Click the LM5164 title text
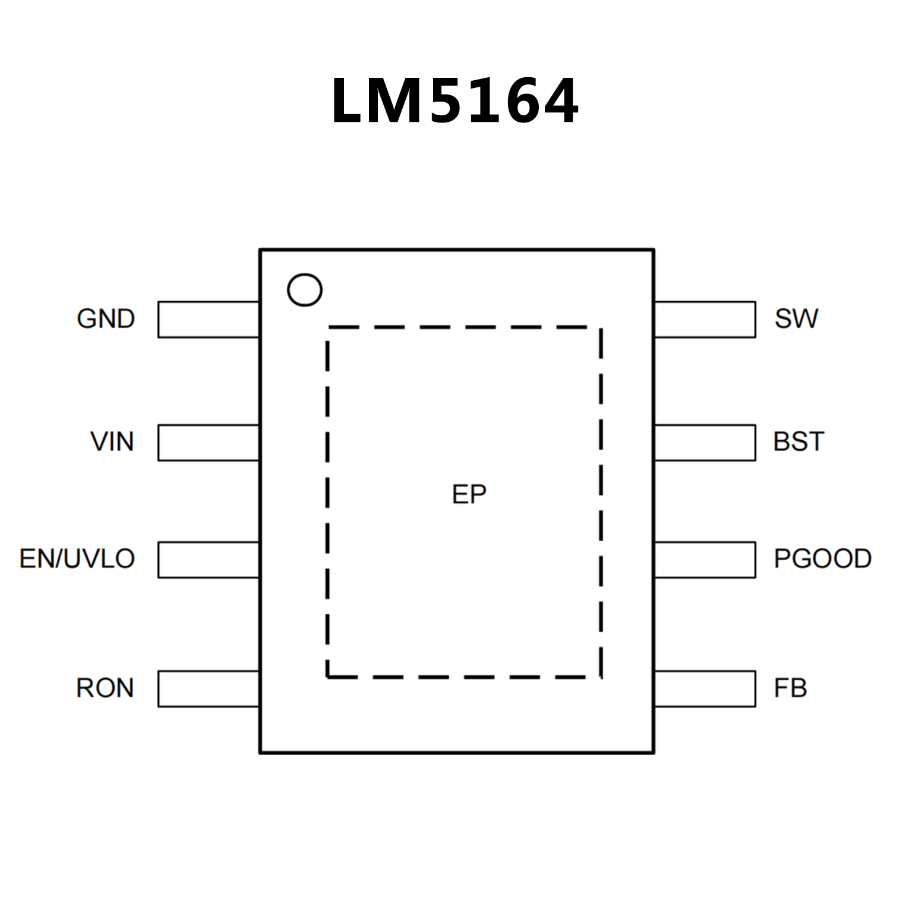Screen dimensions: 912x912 (x=455, y=101)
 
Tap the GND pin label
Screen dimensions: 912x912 (x=106, y=319)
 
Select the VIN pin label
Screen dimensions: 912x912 (x=112, y=442)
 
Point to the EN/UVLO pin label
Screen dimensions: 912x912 (x=77, y=559)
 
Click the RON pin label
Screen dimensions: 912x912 (x=105, y=688)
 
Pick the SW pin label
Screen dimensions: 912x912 (x=796, y=319)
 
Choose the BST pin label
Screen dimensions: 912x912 (x=799, y=442)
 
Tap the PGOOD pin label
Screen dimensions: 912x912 (x=822, y=559)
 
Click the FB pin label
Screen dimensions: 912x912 (x=790, y=688)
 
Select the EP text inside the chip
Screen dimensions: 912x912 (x=469, y=494)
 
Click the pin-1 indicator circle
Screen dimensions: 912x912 (x=305, y=290)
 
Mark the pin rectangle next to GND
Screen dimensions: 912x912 (x=209, y=320)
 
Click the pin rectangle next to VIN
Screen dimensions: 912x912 (x=209, y=443)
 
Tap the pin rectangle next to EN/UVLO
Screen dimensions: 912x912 (x=209, y=560)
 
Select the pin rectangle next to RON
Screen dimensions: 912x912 (x=209, y=689)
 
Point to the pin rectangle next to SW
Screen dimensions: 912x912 (x=705, y=320)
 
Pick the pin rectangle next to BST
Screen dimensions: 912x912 (x=705, y=443)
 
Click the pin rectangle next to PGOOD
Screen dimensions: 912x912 (x=705, y=560)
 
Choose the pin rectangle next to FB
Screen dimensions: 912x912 (x=705, y=689)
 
